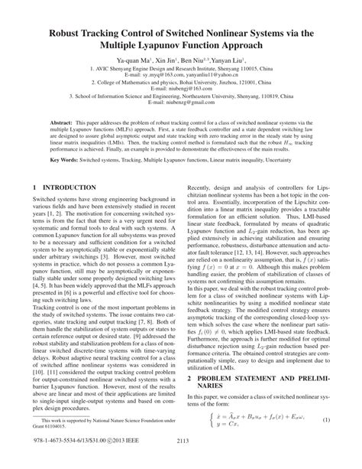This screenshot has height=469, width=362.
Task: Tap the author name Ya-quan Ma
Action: (134, 58)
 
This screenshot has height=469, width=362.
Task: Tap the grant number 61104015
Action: (58, 447)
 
